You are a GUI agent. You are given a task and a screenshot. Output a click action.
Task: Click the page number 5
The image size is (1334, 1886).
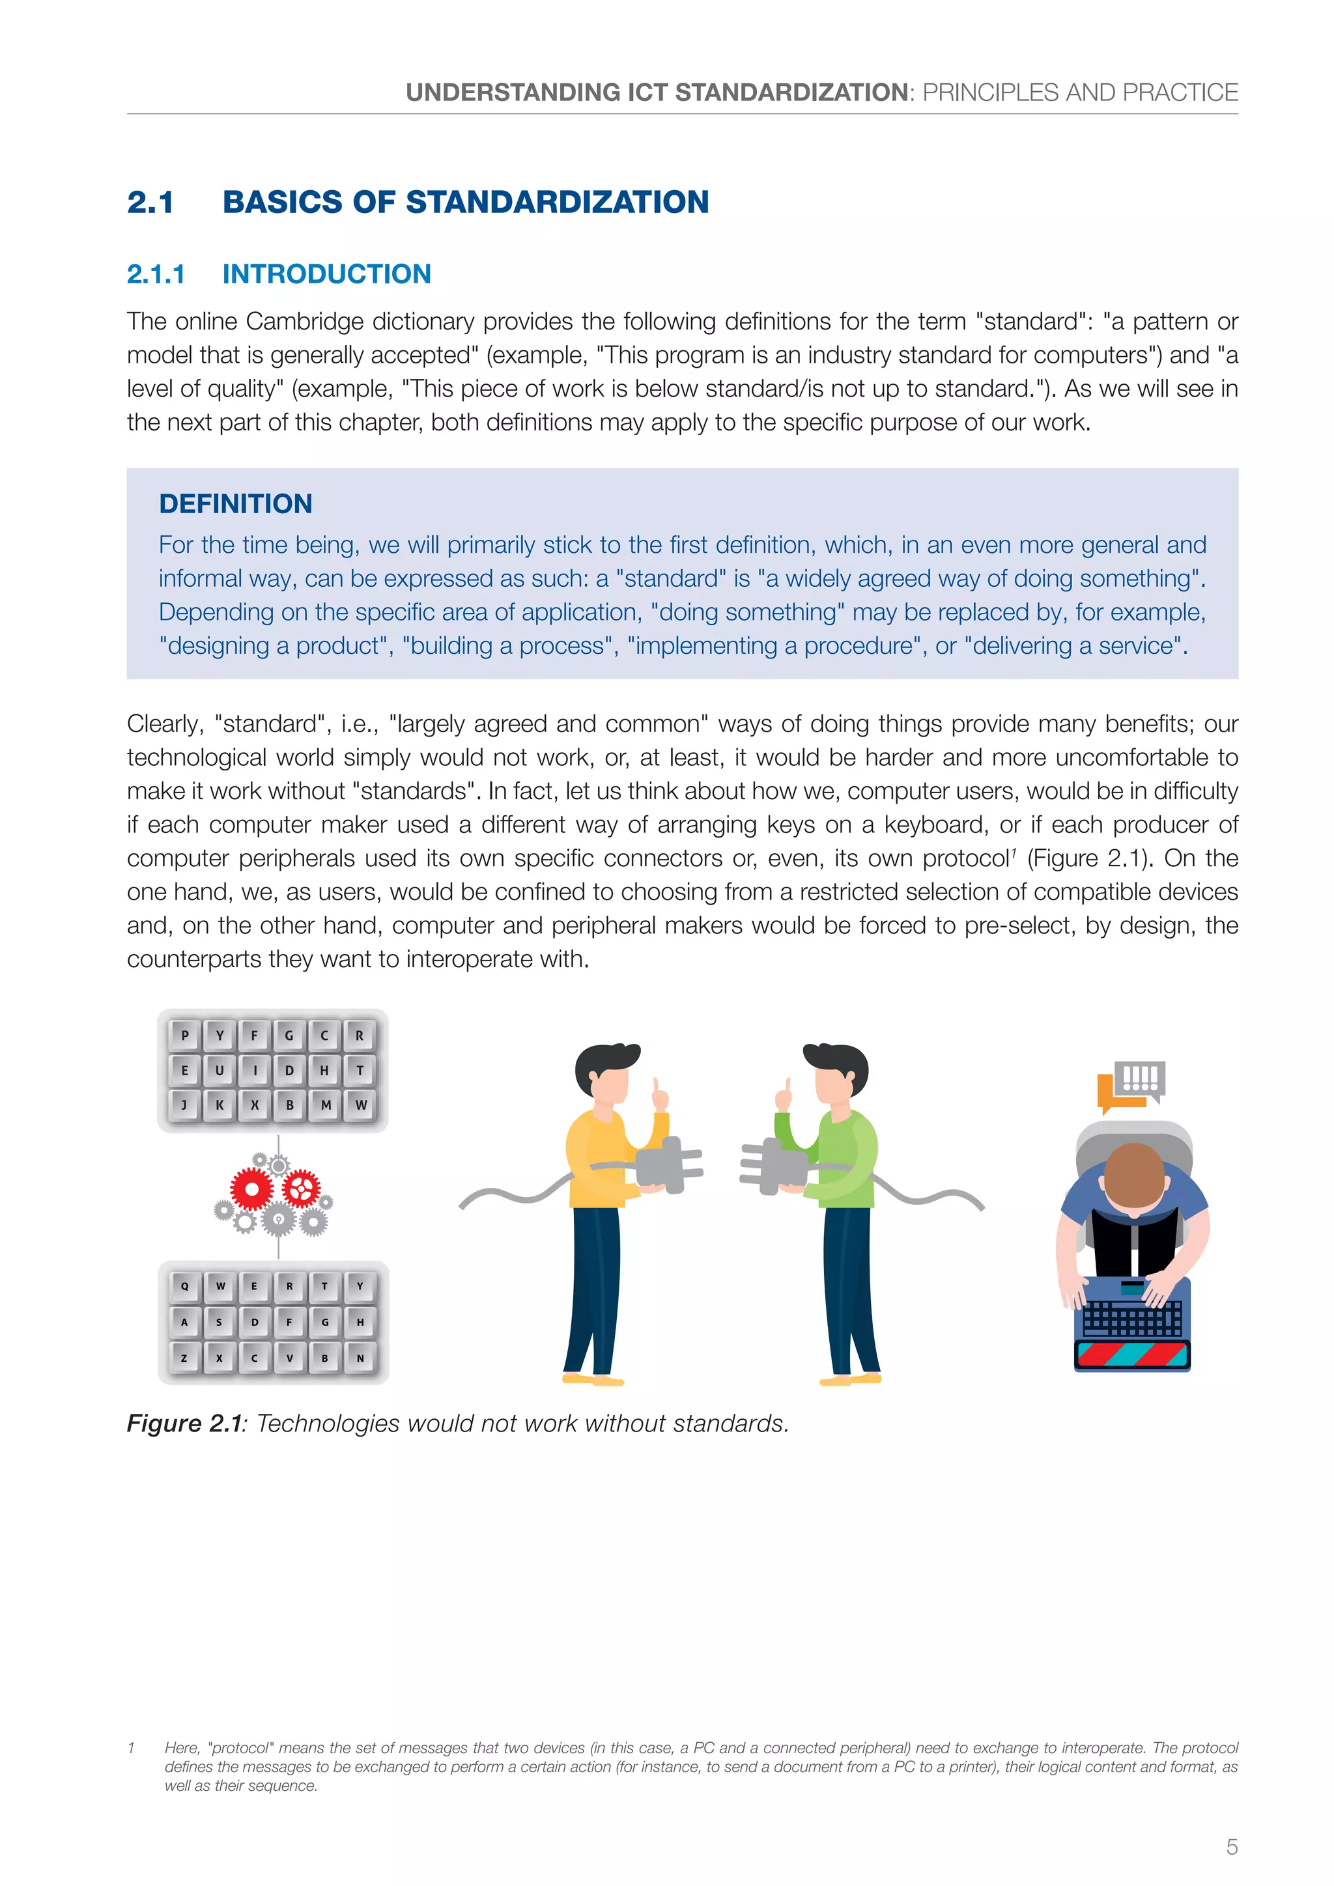coord(1231,1846)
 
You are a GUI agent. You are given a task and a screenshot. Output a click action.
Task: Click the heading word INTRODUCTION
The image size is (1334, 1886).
coord(326,274)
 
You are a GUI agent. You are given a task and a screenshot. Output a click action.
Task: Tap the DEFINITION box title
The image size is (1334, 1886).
coord(236,503)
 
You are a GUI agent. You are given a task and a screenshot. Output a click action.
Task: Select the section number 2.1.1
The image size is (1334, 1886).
coord(156,274)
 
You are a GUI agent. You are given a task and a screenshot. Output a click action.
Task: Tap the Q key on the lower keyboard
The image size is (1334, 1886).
coord(185,1286)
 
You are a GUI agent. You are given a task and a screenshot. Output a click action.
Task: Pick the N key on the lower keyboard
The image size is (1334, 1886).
coord(360,1358)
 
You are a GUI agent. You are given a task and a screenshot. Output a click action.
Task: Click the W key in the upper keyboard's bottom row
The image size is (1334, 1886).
coord(361,1105)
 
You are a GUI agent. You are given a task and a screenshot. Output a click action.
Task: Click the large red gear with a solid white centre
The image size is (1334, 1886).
coord(251,1189)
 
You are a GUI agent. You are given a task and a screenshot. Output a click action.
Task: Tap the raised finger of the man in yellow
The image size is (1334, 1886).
coord(659,1093)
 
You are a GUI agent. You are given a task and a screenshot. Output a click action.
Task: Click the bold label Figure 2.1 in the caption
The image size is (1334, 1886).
coord(184,1424)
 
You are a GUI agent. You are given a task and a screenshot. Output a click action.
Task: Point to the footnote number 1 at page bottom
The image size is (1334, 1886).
coord(132,1748)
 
